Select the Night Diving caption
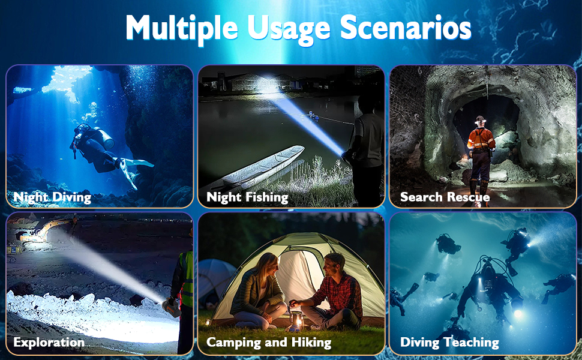[52, 197]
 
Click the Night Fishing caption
[247, 197]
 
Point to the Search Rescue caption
[445, 197]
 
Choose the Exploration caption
[49, 343]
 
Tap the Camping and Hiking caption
[269, 343]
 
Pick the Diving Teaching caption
[449, 343]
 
